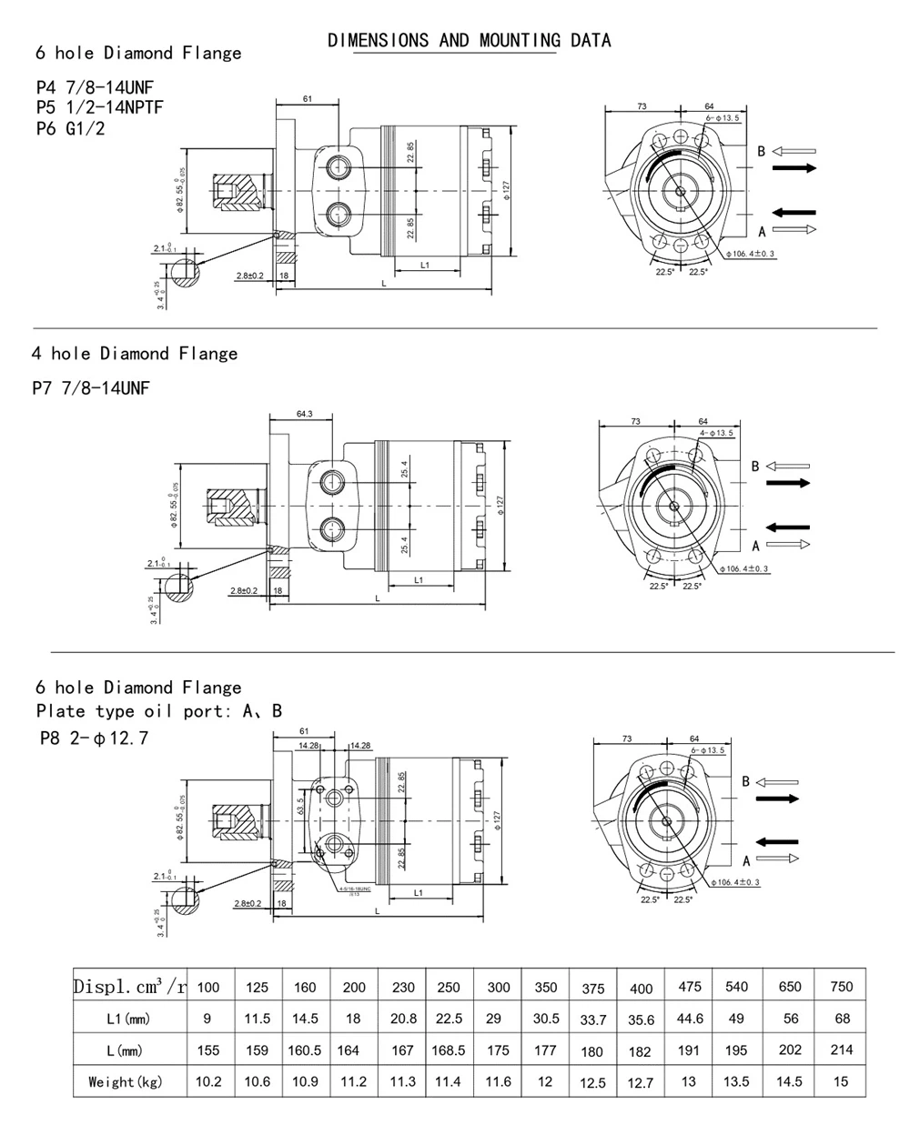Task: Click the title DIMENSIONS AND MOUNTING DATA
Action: point(469,40)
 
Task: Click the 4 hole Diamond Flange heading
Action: point(135,353)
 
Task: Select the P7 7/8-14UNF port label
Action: point(91,388)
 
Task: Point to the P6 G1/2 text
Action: point(70,128)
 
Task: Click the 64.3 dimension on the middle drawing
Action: point(304,415)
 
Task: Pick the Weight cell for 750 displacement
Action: point(841,1080)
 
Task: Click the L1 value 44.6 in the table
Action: point(690,1019)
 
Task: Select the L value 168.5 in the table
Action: point(449,1050)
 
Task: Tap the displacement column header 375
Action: point(591,989)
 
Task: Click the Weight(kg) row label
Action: point(125,1081)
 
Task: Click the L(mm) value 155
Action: point(208,1050)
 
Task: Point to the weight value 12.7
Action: point(640,1082)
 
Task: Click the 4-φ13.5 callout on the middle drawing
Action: point(715,433)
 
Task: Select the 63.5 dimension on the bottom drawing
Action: point(299,805)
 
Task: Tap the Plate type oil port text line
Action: point(158,711)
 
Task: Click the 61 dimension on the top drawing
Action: point(307,98)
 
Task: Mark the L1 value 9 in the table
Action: point(207,1019)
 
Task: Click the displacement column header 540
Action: point(736,987)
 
